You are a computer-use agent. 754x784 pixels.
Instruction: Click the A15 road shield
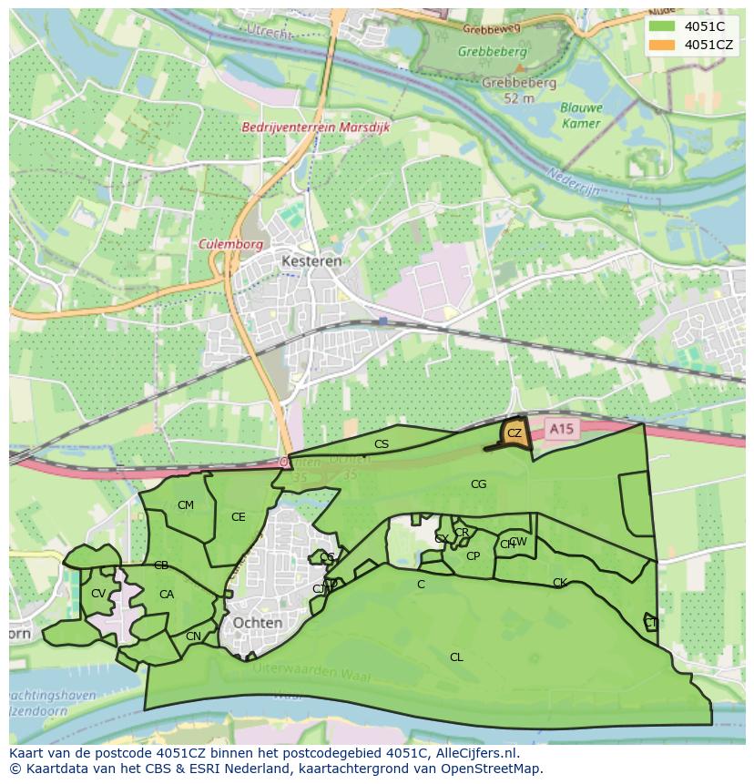pyautogui.click(x=562, y=427)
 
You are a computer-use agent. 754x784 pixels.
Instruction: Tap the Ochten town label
pyautogui.click(x=258, y=623)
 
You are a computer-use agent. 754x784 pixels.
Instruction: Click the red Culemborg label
pyautogui.click(x=230, y=245)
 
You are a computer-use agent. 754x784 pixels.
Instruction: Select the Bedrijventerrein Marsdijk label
pyautogui.click(x=315, y=128)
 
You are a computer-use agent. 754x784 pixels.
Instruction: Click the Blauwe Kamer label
pyautogui.click(x=581, y=115)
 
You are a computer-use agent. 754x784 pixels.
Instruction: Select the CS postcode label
pyautogui.click(x=382, y=444)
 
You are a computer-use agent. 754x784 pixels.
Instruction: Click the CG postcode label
pyautogui.click(x=479, y=484)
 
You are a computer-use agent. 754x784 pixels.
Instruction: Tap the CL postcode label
pyautogui.click(x=456, y=657)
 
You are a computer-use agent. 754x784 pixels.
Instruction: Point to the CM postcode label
pyautogui.click(x=186, y=505)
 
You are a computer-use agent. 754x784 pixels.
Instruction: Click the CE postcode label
pyautogui.click(x=239, y=517)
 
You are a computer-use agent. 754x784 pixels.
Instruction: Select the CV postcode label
pyautogui.click(x=98, y=594)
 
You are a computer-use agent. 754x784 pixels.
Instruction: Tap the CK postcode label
pyautogui.click(x=560, y=583)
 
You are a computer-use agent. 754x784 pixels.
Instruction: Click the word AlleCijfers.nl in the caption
pyautogui.click(x=474, y=753)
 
